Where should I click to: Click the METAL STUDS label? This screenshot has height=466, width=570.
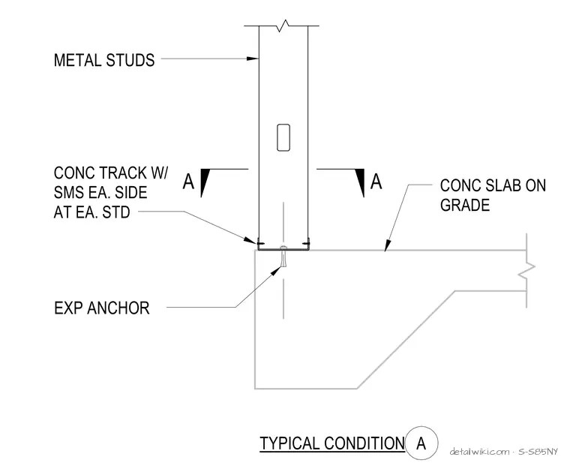click(x=104, y=60)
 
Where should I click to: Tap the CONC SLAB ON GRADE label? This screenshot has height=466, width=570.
click(x=493, y=195)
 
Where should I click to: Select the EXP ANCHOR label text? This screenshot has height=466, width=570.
click(x=102, y=308)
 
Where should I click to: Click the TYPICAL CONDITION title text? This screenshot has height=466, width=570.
click(x=332, y=443)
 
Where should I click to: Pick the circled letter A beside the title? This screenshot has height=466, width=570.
click(x=421, y=443)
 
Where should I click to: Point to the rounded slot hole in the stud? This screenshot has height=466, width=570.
click(x=283, y=137)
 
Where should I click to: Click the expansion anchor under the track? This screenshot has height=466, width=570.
click(x=283, y=257)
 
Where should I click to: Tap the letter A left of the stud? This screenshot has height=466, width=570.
click(x=188, y=182)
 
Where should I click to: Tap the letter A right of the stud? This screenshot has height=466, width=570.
click(x=376, y=182)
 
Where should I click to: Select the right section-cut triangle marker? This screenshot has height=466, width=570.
click(x=361, y=182)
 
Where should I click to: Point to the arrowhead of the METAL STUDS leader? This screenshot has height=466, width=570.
click(x=252, y=59)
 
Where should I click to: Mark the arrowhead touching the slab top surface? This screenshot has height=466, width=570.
click(x=388, y=245)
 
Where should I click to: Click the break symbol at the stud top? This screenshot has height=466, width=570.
click(x=283, y=26)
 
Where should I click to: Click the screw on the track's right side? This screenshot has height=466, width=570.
click(x=306, y=243)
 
